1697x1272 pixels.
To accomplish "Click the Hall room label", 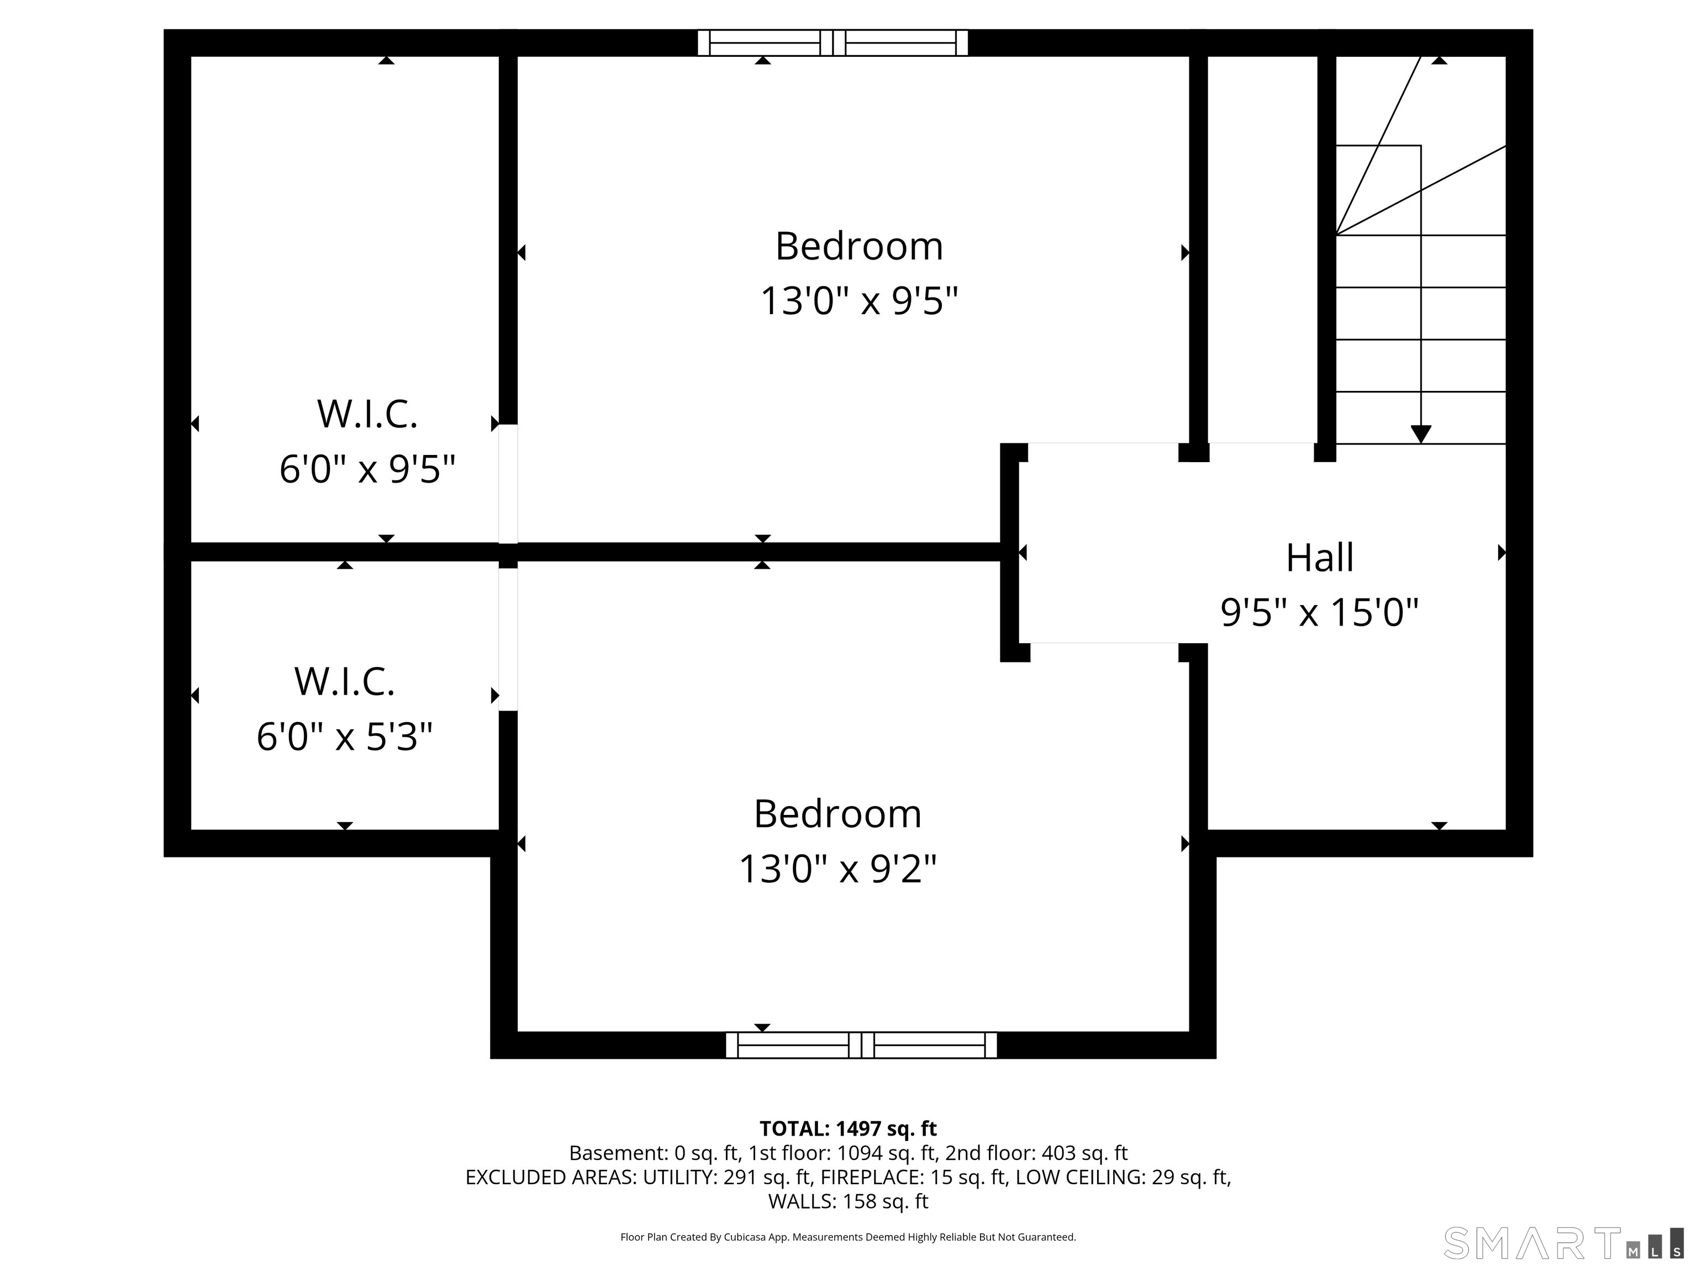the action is point(1320,558).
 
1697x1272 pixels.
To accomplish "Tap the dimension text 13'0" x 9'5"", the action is point(859,300).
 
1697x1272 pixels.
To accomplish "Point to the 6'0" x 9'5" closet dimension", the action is point(367,469).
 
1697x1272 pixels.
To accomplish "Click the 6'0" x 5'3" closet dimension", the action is point(345,737).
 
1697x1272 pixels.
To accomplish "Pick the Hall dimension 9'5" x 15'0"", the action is point(1320,613).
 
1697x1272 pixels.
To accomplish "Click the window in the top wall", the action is point(832,43).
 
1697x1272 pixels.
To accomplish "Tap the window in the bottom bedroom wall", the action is point(861,1045).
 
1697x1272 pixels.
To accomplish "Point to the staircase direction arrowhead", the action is point(1421,434).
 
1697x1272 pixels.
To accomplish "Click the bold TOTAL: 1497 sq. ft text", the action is point(848,1128).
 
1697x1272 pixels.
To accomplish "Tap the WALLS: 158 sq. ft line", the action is point(848,1201).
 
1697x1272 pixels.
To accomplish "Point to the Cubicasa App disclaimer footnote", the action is point(848,1237).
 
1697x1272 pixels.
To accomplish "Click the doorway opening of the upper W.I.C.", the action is point(508,484).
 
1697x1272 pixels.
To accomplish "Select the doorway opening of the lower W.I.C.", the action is point(508,639).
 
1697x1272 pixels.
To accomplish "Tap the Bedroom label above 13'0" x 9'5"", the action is point(859,246).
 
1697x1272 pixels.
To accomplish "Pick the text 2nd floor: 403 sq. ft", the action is point(1036,1153).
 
